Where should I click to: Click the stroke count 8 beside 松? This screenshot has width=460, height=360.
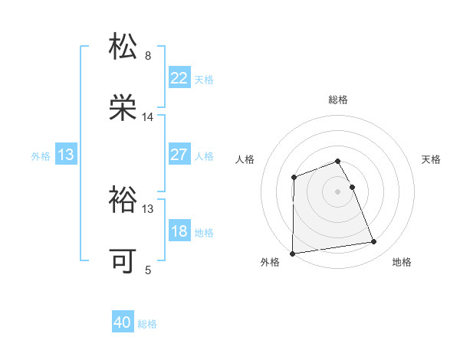pyautogui.click(x=148, y=56)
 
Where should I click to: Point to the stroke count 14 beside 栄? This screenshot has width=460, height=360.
pyautogui.click(x=148, y=117)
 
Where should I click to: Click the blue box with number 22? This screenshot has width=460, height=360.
pyautogui.click(x=179, y=78)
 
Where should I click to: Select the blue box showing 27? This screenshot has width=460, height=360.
pyautogui.click(x=179, y=155)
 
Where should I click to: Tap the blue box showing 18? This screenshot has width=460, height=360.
pyautogui.click(x=179, y=231)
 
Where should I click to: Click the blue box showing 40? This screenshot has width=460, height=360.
pyautogui.click(x=123, y=323)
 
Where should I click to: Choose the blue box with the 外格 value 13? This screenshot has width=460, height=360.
pyautogui.click(x=66, y=155)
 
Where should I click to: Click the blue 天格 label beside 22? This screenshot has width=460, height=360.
pyautogui.click(x=204, y=79)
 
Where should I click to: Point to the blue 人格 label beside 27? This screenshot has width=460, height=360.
pyautogui.click(x=204, y=155)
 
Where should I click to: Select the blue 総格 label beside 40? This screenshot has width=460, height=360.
pyautogui.click(x=147, y=324)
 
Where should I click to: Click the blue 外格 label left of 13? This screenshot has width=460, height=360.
pyautogui.click(x=41, y=155)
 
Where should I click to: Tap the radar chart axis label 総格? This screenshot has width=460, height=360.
pyautogui.click(x=338, y=100)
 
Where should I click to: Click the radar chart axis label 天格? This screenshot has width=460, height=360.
pyautogui.click(x=431, y=159)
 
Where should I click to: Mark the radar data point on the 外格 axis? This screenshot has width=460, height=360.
pyautogui.click(x=292, y=254)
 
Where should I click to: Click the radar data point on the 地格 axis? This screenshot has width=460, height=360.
pyautogui.click(x=374, y=242)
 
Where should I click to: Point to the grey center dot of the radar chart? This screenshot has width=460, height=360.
pyautogui.click(x=338, y=191)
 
